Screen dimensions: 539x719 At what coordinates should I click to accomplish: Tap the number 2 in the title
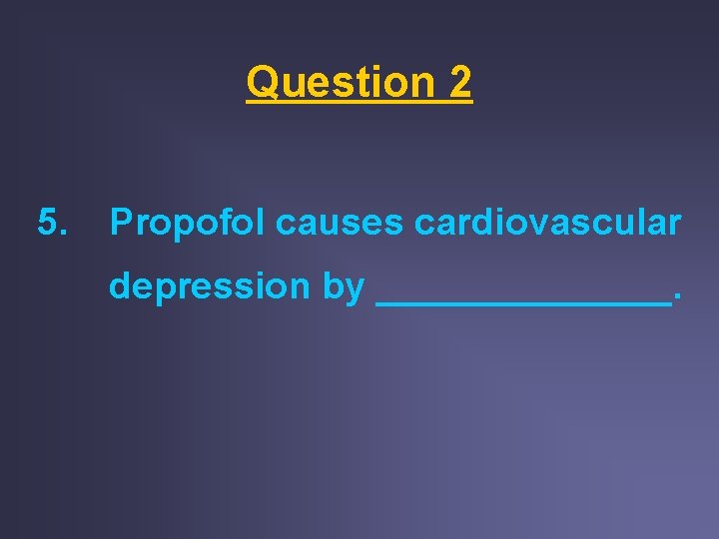pos(459,82)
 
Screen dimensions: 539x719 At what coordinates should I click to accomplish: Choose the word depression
pos(209,286)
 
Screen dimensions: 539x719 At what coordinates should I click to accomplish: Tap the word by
pos(344,286)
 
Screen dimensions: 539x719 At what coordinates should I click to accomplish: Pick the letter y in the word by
pos(356,288)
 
